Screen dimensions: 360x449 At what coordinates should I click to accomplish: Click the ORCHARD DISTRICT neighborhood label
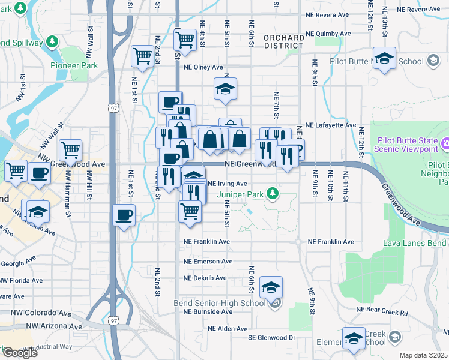pos(283,41)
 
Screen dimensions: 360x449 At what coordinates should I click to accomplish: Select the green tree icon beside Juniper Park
pos(272,193)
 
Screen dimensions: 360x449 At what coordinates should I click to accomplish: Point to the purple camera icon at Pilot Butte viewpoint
pos(445,144)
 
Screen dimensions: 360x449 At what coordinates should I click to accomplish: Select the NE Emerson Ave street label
pos(208,262)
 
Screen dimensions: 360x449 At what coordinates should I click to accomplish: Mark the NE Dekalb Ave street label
pos(205,278)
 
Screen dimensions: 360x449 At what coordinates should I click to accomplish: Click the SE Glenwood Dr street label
pos(272,338)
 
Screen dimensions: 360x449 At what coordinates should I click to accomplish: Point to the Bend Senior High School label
pos(220,303)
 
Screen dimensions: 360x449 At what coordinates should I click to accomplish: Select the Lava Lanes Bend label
pos(415,243)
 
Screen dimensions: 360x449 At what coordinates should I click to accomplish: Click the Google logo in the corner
pos(20,353)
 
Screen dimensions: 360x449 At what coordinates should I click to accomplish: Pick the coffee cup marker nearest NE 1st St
pos(124,215)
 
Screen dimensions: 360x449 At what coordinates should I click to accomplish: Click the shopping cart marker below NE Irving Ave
pos(190,211)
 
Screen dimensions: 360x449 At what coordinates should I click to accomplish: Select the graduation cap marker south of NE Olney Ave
pos(225,89)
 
